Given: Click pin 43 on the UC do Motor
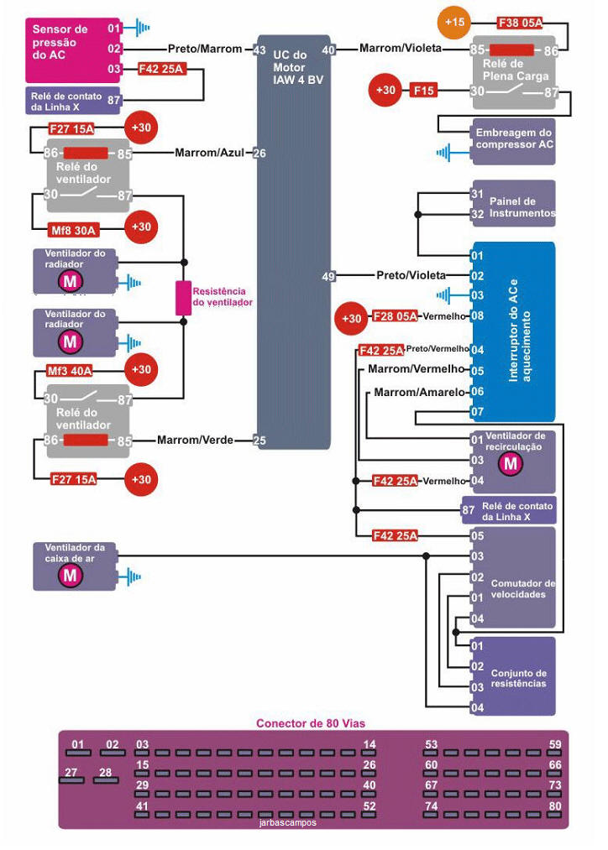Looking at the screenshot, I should point(260,50).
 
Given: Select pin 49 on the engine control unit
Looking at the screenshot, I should point(328,275).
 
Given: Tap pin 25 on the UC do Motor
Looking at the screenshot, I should point(260,440).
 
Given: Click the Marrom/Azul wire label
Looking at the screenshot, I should point(209,154).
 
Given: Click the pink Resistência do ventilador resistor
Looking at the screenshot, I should point(183,298).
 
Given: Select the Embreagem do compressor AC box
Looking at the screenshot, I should point(514,138).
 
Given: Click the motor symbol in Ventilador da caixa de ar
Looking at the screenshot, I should point(69,576).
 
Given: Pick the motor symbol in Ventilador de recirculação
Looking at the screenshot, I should point(507,466).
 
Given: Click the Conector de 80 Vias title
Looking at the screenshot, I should point(311,722).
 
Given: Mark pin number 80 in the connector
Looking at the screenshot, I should point(554,806).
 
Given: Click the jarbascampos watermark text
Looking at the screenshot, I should point(289,823).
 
